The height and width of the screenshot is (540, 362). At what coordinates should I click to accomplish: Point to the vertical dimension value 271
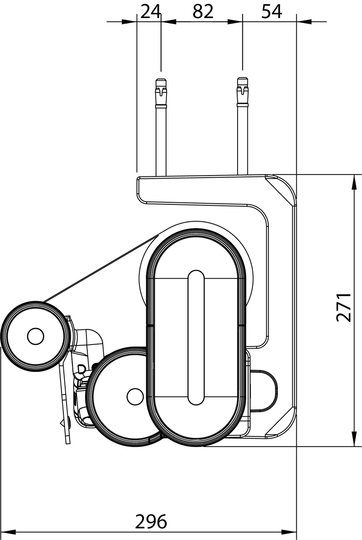344,307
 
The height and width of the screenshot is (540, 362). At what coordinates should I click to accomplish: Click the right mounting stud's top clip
243,91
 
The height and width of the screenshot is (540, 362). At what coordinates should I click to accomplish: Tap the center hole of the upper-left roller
35,336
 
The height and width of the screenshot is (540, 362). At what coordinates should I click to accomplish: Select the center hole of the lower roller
135,396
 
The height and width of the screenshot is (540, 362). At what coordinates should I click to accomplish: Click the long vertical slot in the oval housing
196,337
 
